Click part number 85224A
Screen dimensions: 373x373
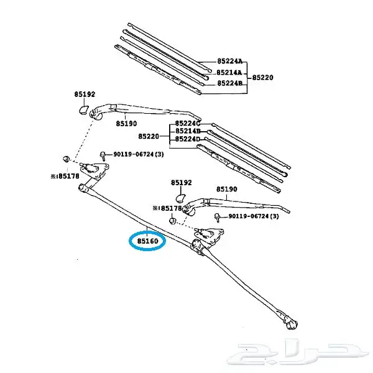[229, 63]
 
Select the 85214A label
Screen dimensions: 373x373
[229, 73]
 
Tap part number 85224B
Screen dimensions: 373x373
[229, 83]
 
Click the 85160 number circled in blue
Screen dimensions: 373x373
[147, 239]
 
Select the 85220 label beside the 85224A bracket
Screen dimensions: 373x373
[262, 78]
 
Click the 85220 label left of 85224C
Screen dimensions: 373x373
[149, 136]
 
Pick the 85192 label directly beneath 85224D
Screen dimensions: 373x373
[182, 183]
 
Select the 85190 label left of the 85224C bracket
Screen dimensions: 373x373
[126, 123]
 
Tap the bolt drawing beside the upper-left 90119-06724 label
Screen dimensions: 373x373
[103, 154]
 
